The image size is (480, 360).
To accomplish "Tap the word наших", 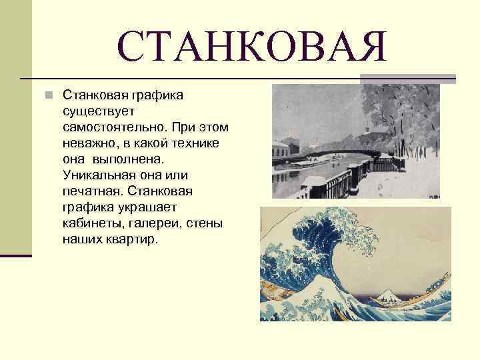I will coord(80,239).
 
